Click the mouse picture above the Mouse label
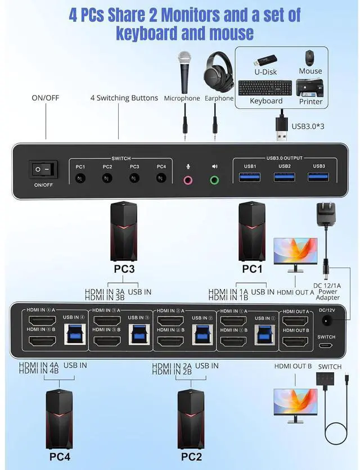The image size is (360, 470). coord(310,57)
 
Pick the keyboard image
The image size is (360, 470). coord(265,88)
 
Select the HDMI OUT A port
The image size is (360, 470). coord(295,321)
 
